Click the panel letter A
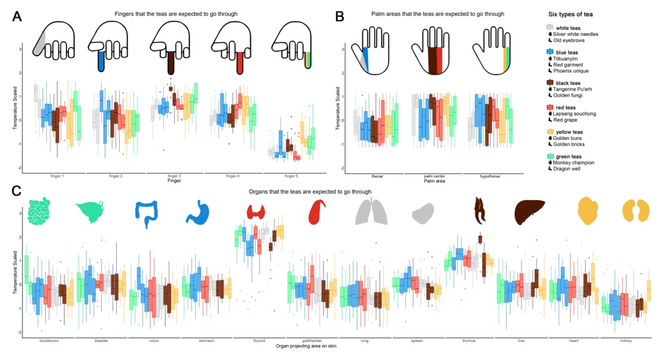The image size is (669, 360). click(18, 16)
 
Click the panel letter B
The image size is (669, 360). click(340, 16)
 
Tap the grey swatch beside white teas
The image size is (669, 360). click(550, 28)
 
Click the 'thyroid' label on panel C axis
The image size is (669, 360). click(259, 340)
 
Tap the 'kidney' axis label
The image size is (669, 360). click(625, 340)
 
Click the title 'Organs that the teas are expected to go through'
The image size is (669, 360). click(310, 192)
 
